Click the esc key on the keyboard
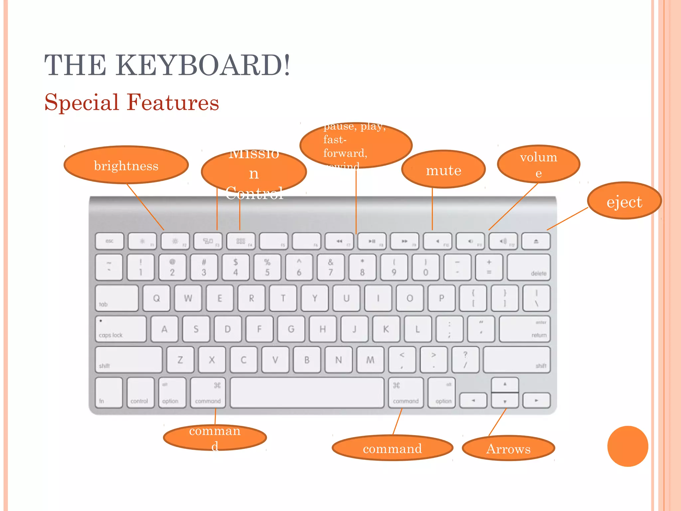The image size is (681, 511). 109,241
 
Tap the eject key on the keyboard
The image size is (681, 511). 536,241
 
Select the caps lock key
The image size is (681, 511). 121,329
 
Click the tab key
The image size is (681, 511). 117,298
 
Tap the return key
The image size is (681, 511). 524,329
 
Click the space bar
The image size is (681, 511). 307,393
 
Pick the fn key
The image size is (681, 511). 109,393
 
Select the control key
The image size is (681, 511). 140,393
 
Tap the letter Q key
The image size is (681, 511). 156,298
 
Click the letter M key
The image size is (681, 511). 370,360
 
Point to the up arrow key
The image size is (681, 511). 505,385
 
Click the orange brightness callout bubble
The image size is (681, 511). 126,165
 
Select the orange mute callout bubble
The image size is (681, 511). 443,169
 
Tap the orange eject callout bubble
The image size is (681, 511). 624,201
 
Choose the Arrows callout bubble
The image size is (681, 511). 508,448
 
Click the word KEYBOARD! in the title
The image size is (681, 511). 203,65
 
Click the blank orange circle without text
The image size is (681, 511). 627,446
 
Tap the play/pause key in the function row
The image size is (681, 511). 372,241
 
